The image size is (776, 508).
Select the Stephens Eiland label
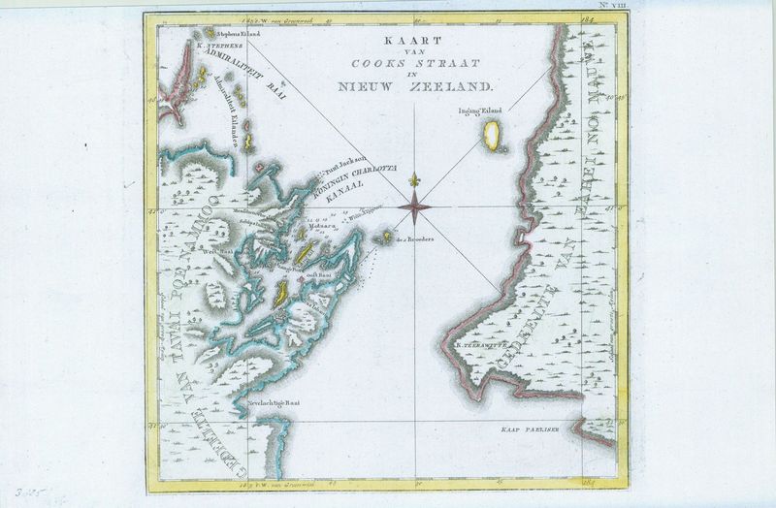(210, 33)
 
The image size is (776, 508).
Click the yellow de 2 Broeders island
(387, 236)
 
